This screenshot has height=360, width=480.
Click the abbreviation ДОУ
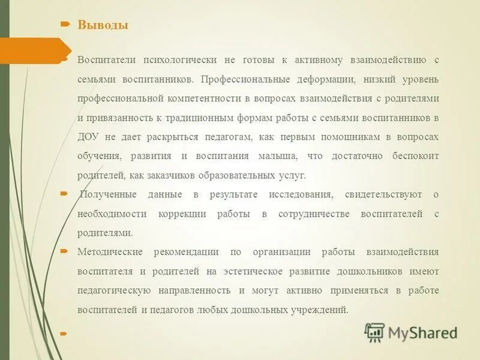88,137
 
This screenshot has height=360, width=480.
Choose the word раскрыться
181,137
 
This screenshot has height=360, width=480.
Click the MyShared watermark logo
412,332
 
